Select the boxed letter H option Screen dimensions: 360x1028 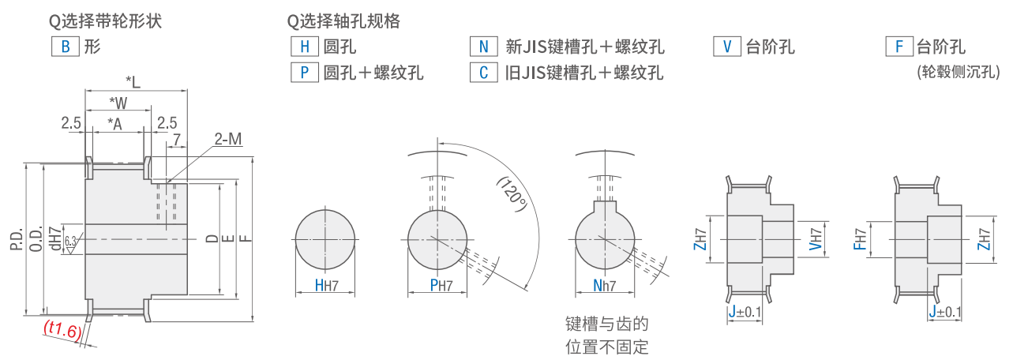304,46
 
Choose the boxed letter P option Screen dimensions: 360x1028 304,73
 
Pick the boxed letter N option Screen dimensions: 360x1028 483,46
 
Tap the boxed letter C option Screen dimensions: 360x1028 483,73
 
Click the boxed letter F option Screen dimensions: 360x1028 899,46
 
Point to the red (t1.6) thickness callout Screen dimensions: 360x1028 62,330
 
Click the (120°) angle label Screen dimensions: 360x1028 512,193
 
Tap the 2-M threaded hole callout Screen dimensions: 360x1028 227,140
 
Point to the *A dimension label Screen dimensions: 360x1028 115,123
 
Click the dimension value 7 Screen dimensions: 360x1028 176,139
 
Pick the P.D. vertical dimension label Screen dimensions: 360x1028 17,236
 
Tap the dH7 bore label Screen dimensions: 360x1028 54,238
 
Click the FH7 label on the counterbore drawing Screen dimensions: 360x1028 860,235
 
